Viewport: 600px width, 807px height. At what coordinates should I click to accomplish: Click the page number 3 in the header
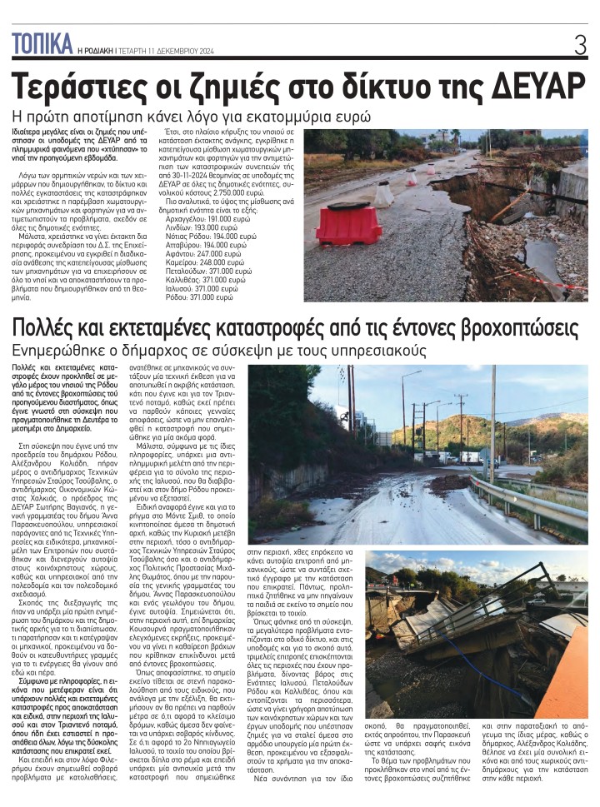click(580, 45)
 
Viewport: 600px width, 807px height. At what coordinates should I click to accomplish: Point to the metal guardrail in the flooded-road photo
click(533, 500)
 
